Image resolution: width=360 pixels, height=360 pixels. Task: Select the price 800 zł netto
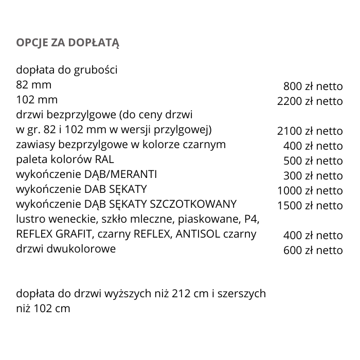click(313, 86)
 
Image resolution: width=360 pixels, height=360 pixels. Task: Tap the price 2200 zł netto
click(310, 101)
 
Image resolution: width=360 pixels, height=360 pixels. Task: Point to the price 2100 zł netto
click(310, 131)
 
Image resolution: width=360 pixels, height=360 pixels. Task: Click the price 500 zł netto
click(313, 161)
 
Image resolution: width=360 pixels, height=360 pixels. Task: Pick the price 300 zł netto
click(313, 176)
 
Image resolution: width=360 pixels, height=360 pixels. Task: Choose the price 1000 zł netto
click(310, 191)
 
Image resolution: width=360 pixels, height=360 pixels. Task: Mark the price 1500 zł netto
click(310, 206)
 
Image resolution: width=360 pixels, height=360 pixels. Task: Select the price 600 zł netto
click(313, 250)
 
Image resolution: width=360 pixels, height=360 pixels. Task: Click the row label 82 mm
click(34, 84)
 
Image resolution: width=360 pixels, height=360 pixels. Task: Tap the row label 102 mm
click(37, 99)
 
